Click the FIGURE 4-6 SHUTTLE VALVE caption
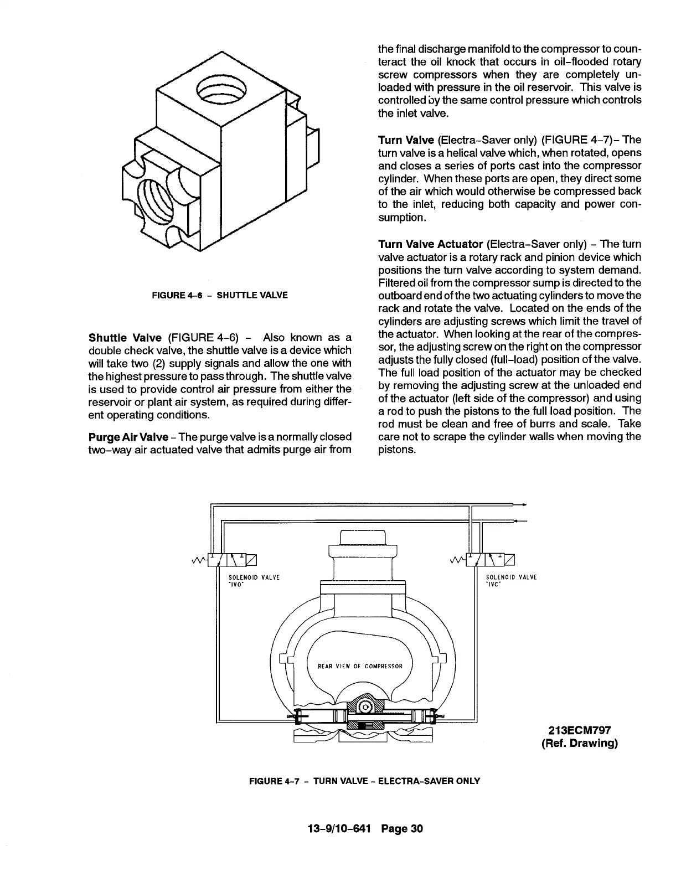(220, 295)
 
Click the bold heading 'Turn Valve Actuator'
(431, 244)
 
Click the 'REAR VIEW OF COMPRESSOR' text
(360, 666)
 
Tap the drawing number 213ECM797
(579, 730)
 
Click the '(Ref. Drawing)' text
(579, 743)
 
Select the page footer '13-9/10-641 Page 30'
(365, 829)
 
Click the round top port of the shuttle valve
(221, 90)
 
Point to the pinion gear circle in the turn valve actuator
(365, 707)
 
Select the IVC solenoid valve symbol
(491, 560)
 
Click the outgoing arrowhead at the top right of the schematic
(523, 505)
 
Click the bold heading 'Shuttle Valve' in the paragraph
(125, 337)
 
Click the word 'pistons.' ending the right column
(396, 449)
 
